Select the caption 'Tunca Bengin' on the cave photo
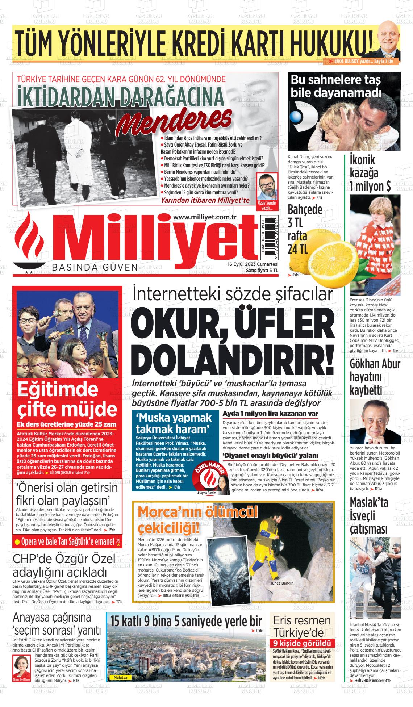pyautogui.click(x=282, y=583)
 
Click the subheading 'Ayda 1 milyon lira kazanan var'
pyautogui.click(x=270, y=414)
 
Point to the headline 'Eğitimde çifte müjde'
pyautogui.click(x=65, y=399)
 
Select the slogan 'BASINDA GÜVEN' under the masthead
pyautogui.click(x=95, y=268)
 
